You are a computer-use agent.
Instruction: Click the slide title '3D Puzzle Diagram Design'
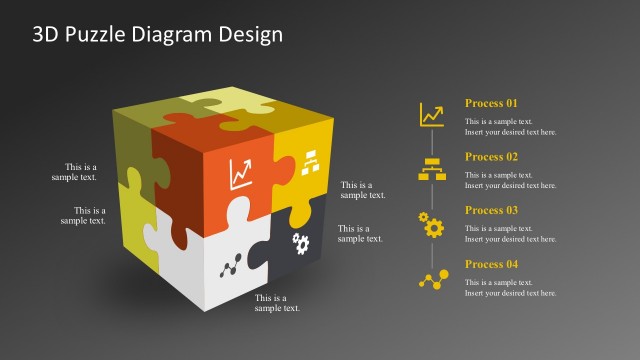click(x=158, y=34)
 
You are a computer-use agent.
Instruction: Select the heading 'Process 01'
click(x=492, y=103)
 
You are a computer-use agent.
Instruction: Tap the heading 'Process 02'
click(x=492, y=157)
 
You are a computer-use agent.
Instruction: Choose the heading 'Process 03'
click(x=492, y=210)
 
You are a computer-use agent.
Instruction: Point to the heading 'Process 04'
click(x=492, y=264)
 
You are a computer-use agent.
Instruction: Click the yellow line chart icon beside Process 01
click(x=432, y=115)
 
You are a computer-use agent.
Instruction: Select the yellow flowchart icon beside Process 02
click(x=432, y=169)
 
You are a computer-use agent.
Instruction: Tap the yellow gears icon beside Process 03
click(x=432, y=224)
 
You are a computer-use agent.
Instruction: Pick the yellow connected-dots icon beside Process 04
click(x=432, y=279)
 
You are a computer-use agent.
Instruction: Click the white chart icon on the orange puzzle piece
click(x=241, y=175)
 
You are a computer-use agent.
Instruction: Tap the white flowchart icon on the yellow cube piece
click(x=308, y=162)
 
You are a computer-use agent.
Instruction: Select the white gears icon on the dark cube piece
click(x=300, y=243)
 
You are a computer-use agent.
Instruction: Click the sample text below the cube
click(x=277, y=303)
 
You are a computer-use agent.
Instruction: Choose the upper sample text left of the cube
click(x=75, y=172)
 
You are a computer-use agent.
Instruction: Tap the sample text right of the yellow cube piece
click(x=363, y=190)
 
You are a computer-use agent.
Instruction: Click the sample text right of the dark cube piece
click(x=360, y=233)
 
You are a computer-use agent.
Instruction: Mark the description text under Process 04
click(x=511, y=288)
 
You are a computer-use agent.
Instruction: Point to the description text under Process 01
click(x=511, y=127)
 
